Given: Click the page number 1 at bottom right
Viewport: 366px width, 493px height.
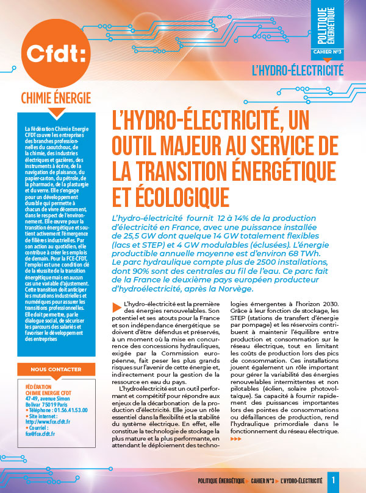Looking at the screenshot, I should click(334, 480).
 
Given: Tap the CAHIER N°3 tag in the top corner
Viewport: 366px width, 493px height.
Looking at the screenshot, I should click(332, 51).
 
